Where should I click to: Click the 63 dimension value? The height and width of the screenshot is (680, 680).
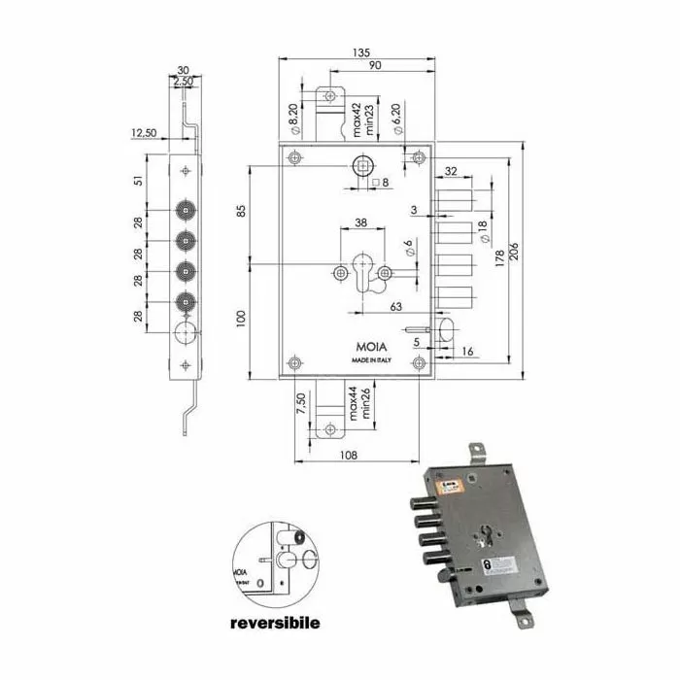pos(397,307)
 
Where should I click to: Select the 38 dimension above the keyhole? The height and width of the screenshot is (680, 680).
pos(360,222)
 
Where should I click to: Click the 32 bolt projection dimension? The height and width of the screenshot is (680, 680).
pos(451,171)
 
